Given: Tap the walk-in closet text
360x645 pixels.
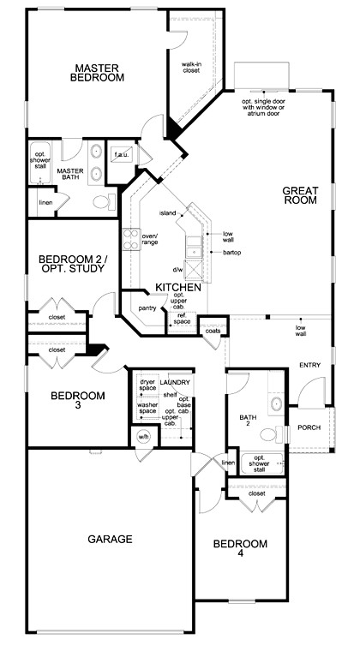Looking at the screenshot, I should pyautogui.click(x=191, y=67).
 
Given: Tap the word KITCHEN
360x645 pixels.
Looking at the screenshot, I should pyautogui.click(x=177, y=287).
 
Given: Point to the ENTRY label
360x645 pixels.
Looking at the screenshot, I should pyautogui.click(x=309, y=366).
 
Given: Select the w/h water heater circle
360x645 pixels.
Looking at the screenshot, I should pyautogui.click(x=143, y=438).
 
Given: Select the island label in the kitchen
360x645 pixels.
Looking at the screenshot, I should pyautogui.click(x=166, y=212).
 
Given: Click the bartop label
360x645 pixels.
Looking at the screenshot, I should pyautogui.click(x=231, y=253).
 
